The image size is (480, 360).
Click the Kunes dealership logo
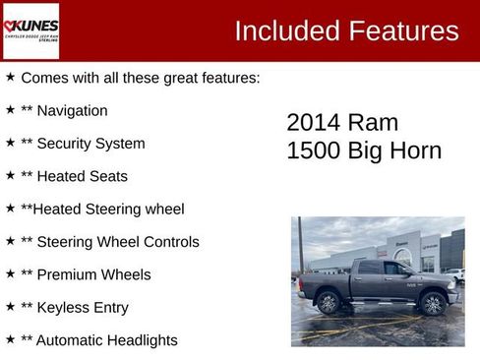click(30, 30)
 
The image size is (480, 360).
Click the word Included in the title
click(286, 31)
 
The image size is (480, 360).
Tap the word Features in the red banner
click(402, 31)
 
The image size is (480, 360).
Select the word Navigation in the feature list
click(72, 111)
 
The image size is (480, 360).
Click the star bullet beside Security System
click(10, 143)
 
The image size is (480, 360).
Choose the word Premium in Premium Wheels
click(69, 274)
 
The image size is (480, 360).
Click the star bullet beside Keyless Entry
click(10, 307)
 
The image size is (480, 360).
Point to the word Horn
click(415, 151)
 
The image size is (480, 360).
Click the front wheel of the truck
click(431, 304)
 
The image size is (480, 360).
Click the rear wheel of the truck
click(329, 303)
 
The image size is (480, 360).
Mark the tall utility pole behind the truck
click(300, 246)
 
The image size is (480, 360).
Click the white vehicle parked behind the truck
click(454, 274)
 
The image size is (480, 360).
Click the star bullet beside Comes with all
click(10, 77)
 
